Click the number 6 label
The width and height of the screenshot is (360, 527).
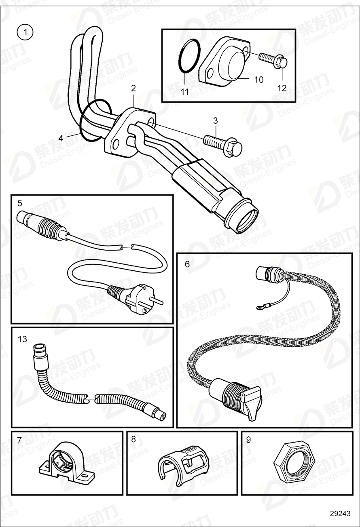click(187, 264)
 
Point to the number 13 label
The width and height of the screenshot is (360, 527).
click(22, 339)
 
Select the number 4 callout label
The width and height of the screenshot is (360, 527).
click(61, 138)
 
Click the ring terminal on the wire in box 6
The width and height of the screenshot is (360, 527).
click(257, 310)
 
